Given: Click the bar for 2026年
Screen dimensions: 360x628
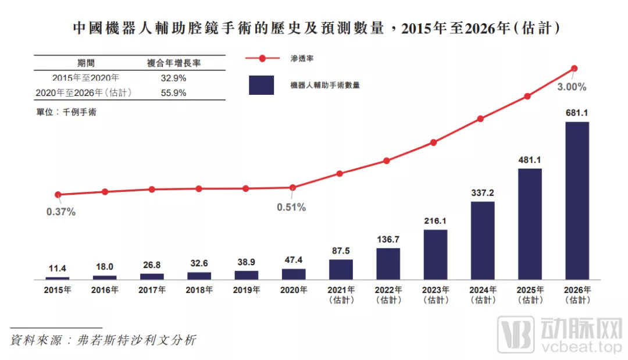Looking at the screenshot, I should click(577, 201).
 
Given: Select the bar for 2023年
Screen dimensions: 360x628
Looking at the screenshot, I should click(436, 255).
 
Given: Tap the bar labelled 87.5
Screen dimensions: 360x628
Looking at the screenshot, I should click(341, 269).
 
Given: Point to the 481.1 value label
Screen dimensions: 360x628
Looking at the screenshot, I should click(530, 159).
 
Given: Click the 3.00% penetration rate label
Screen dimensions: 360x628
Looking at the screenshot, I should click(572, 87).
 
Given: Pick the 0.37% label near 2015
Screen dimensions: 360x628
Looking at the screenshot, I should click(61, 212).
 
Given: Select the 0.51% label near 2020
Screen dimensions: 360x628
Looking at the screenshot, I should click(291, 208).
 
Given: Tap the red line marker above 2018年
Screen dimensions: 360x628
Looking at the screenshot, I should click(199, 188).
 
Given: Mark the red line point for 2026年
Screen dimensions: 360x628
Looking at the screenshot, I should click(575, 69).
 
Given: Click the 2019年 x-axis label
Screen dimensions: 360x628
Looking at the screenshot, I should click(247, 290).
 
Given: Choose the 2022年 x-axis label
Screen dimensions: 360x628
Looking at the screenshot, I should click(388, 290).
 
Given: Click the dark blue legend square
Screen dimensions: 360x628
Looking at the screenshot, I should click(261, 85).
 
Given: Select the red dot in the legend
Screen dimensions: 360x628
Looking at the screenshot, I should click(262, 59).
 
